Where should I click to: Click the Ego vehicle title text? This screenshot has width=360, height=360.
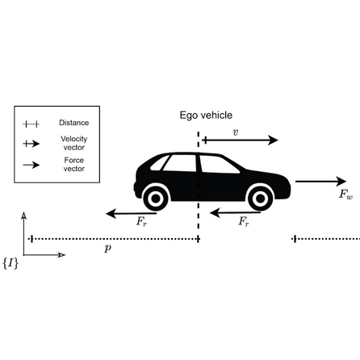click(206, 115)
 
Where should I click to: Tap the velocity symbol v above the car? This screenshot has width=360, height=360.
click(235, 132)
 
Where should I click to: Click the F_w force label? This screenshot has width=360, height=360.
click(345, 195)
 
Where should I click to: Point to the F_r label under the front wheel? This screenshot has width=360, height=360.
click(243, 221)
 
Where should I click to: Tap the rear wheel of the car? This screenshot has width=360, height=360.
click(155, 196)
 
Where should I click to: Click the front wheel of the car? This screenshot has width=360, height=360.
click(260, 196)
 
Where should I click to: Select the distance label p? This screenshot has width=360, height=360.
click(108, 249)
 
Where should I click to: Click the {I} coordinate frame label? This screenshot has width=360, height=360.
click(10, 263)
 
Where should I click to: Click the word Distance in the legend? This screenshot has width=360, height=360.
click(73, 123)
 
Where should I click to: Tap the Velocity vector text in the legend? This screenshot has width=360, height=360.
click(73, 142)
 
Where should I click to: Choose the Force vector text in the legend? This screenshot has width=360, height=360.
click(73, 164)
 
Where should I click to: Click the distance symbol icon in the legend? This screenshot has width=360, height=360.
click(31, 124)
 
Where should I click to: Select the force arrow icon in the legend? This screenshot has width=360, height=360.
click(31, 164)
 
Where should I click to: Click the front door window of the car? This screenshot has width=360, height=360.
click(217, 165)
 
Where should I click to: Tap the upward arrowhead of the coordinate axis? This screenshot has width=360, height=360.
click(24, 216)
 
